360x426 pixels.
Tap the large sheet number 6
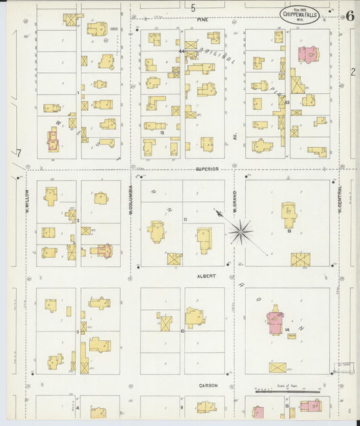[349, 16]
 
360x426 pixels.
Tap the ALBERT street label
[206, 276]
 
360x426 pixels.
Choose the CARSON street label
[208, 385]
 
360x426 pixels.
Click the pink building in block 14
[276, 319]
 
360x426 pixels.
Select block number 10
[182, 331]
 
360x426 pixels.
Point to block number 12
[162, 133]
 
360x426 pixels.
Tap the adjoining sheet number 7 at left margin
[19, 153]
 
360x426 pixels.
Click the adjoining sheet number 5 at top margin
[192, 8]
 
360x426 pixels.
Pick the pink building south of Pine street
[309, 54]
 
